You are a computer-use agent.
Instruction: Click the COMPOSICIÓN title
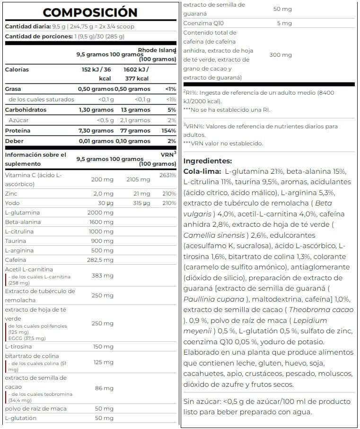90,12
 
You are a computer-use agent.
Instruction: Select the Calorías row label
17,70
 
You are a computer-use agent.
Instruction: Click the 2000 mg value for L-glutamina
100,213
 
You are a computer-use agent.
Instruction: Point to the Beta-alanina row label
23,222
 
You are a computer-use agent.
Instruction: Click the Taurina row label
16,241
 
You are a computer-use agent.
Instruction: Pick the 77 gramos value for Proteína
135,131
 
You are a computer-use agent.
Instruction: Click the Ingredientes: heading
208,161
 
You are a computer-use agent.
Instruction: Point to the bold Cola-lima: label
202,171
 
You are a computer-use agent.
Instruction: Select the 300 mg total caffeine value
281,55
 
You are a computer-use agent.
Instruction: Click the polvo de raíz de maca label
35,408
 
